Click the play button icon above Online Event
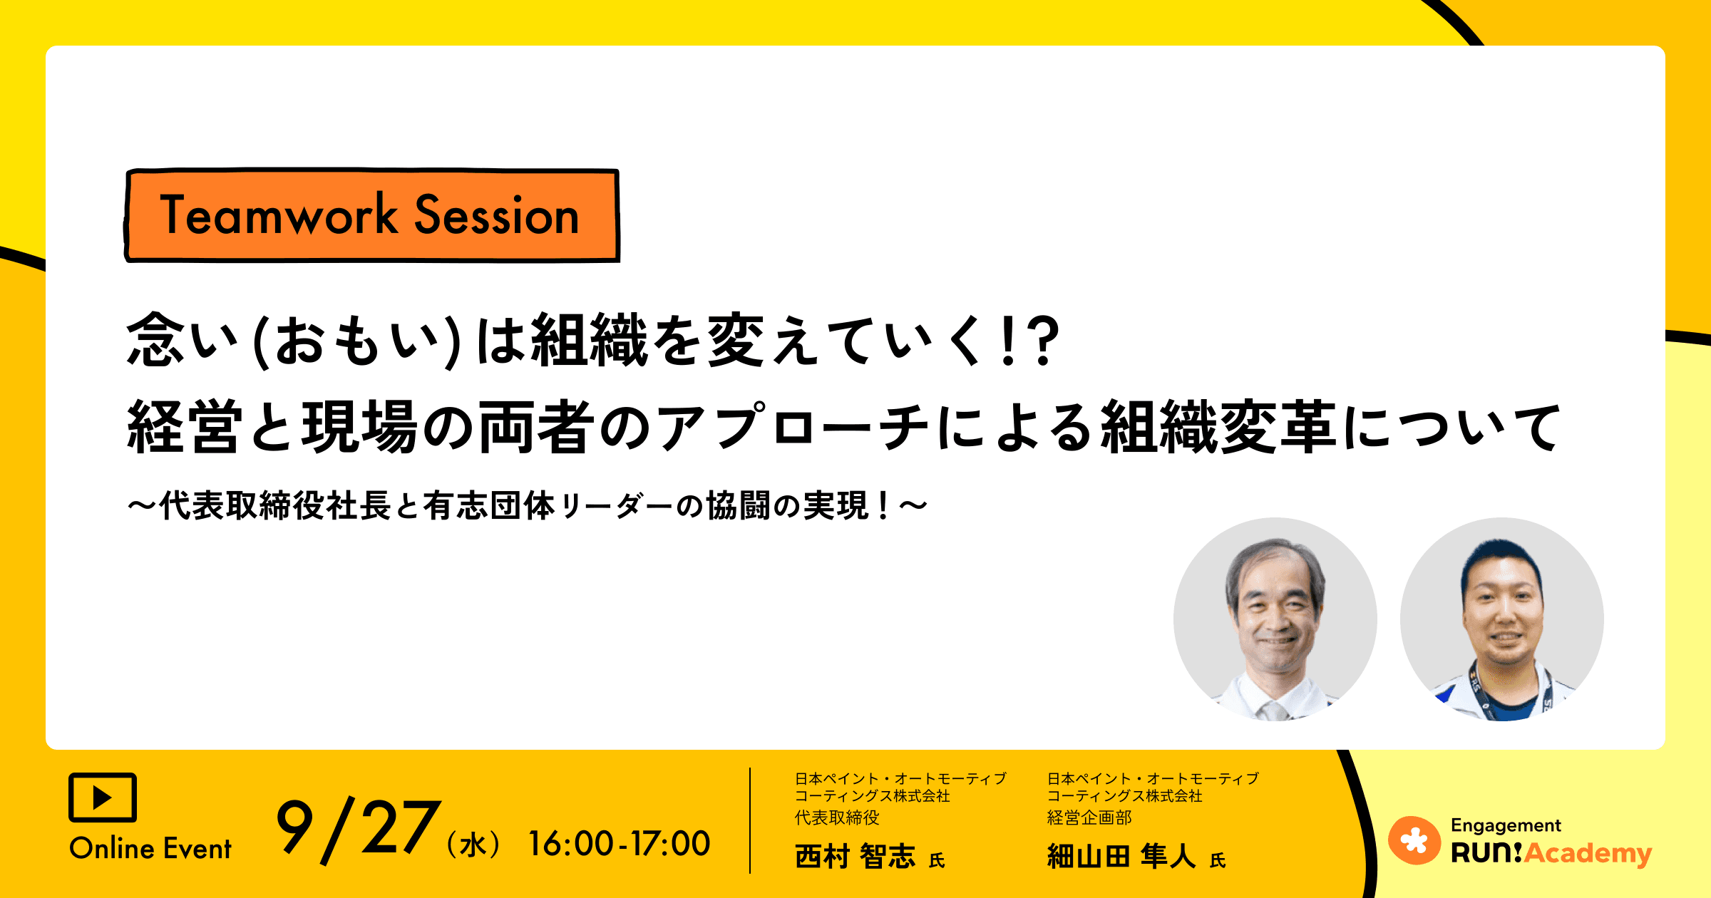(103, 798)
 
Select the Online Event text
(150, 849)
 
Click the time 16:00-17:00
(619, 844)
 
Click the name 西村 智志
(855, 856)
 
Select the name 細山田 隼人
(1121, 856)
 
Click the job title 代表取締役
(837, 817)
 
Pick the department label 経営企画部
(1089, 817)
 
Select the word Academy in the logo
(1588, 853)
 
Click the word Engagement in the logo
(1506, 825)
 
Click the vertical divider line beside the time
(750, 820)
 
